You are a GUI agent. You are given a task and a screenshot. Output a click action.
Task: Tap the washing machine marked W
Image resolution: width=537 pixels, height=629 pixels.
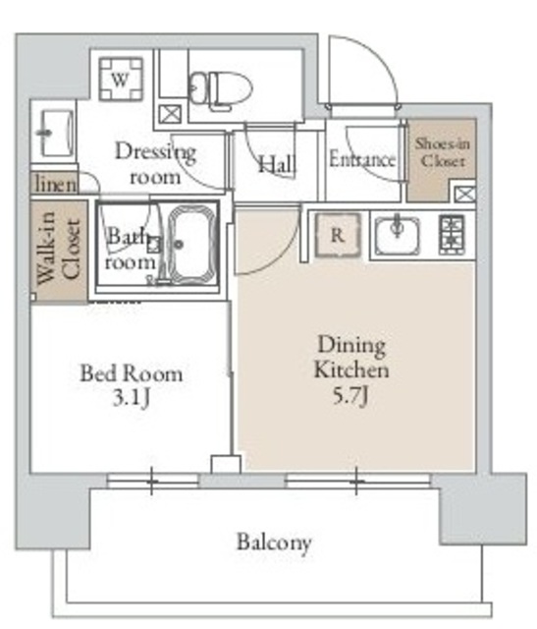point(121,79)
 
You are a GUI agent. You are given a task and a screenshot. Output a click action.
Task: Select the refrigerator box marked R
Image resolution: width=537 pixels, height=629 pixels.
point(338,235)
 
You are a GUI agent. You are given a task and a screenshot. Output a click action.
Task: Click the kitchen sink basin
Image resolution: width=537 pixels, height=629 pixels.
point(398,236)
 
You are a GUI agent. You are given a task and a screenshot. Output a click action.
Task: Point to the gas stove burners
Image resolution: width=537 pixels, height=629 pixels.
point(452,235)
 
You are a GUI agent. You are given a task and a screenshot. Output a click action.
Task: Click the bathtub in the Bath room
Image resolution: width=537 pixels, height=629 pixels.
point(190,245)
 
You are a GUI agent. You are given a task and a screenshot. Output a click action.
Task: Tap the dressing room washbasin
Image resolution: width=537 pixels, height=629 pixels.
point(58,133)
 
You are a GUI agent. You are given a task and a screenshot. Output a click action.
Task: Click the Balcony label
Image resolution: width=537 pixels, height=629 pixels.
point(274,543)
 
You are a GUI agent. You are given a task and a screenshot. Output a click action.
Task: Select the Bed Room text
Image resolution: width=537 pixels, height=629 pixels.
point(132,373)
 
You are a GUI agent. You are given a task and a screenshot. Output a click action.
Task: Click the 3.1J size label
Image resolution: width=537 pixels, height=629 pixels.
point(131,398)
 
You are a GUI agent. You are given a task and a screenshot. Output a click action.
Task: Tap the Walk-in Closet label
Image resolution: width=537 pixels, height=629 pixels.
point(59,252)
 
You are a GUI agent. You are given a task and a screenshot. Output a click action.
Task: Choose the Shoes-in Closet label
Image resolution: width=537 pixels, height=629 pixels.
point(442,152)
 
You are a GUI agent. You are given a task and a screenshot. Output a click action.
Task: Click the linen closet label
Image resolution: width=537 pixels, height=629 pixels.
point(55,185)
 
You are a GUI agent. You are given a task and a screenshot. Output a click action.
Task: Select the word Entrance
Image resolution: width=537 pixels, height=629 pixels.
point(362,159)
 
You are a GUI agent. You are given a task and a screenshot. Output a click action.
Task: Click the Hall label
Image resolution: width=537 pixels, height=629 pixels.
point(277,164)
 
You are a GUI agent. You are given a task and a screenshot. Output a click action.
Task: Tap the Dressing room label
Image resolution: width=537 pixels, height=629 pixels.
point(155,164)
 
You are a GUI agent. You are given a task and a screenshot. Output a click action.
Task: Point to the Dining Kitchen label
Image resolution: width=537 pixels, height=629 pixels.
point(351,357)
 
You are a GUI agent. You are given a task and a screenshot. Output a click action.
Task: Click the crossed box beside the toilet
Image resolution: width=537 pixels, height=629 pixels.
point(170,114)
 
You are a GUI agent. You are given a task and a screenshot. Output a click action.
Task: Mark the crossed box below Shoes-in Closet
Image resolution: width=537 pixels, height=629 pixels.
point(465,195)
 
